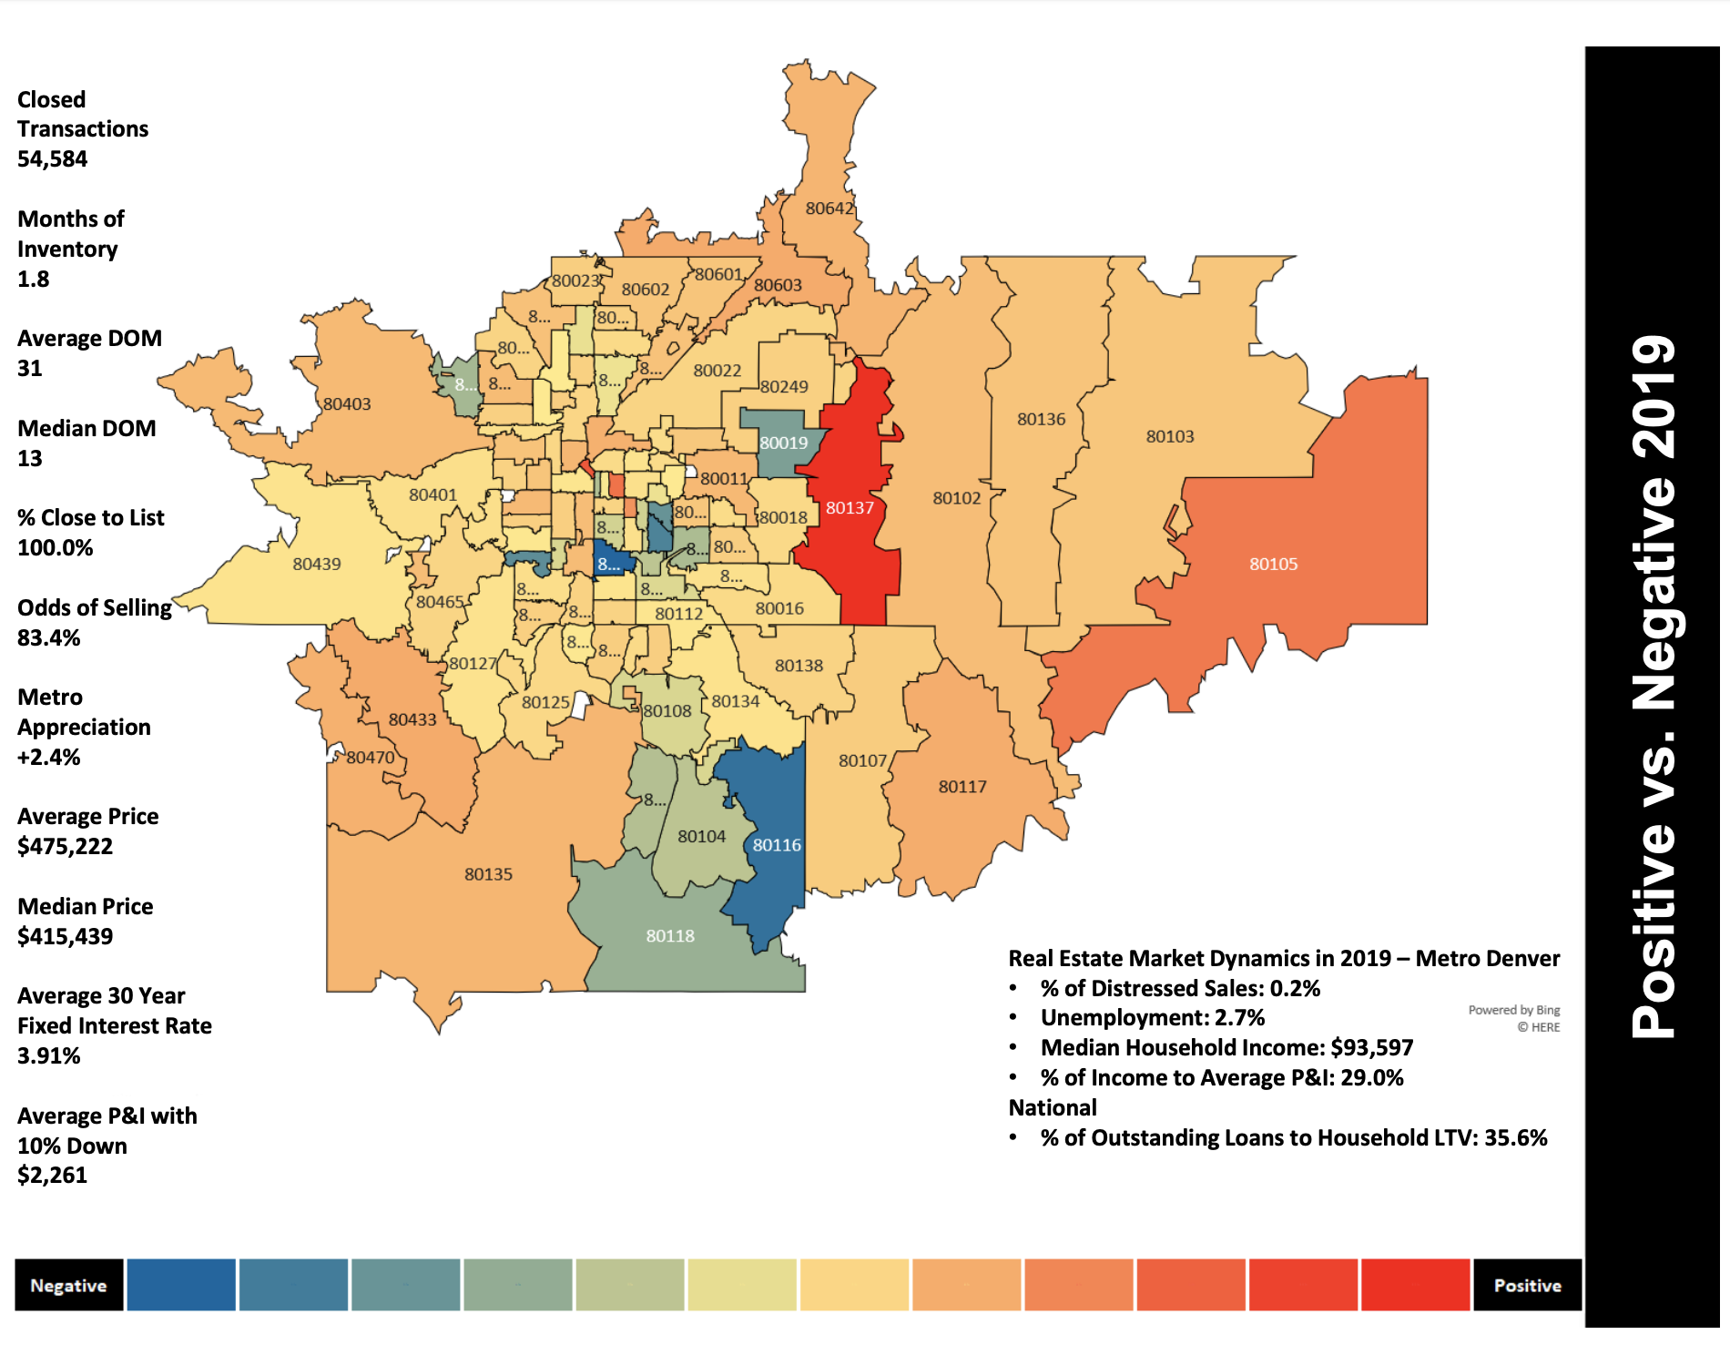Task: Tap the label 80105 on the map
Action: (x=1273, y=564)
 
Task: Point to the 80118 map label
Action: (x=670, y=936)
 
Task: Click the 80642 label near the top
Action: (x=829, y=209)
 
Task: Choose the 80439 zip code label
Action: (x=317, y=564)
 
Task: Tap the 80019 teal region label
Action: (x=784, y=443)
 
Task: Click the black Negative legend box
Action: (x=69, y=1285)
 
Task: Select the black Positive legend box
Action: (x=1527, y=1285)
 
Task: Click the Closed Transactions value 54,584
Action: (x=53, y=159)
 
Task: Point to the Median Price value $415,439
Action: (x=66, y=936)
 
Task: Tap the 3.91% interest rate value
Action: (x=49, y=1055)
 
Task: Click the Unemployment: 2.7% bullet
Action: (x=1152, y=1018)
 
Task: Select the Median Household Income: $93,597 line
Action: (x=1226, y=1048)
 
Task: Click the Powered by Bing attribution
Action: (x=1513, y=1010)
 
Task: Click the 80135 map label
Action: (x=488, y=874)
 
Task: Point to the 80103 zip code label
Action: (x=1170, y=436)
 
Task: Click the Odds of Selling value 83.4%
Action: (x=49, y=637)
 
